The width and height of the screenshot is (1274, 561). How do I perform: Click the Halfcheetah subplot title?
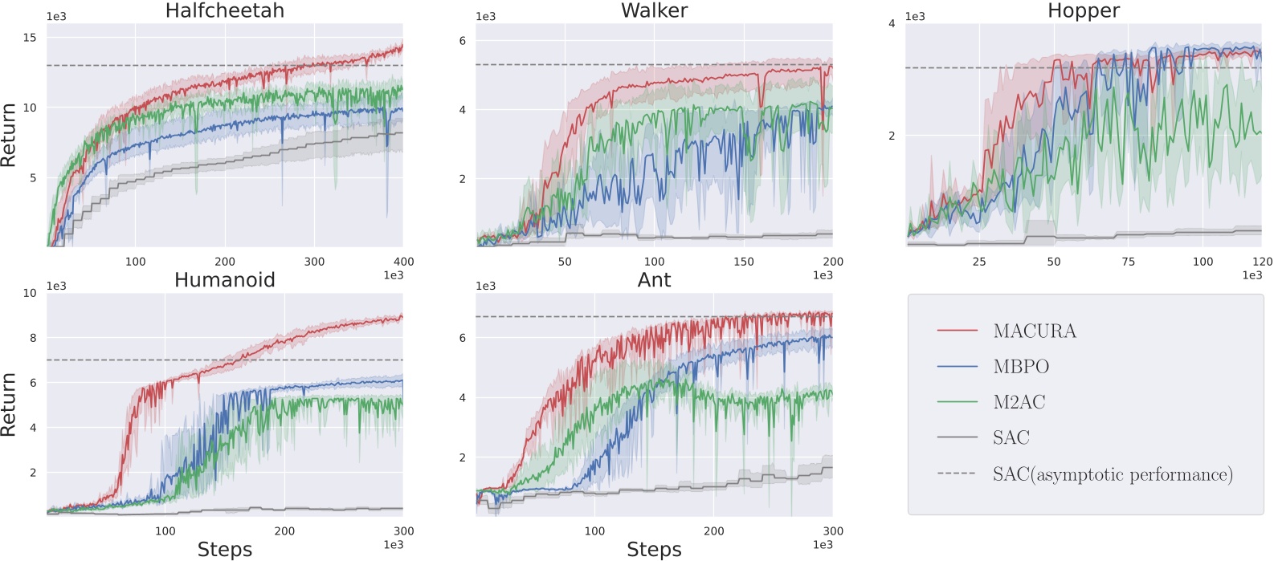(224, 10)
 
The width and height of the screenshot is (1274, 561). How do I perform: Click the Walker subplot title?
(654, 10)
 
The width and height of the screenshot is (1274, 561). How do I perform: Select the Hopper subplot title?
(1083, 10)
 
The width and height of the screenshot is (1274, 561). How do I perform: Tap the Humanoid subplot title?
(224, 280)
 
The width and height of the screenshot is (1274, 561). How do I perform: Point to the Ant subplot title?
(654, 280)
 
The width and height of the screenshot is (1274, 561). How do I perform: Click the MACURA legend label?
(1034, 331)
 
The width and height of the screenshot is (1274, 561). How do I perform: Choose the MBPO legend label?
(1021, 367)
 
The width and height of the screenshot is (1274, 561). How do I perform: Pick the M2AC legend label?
(1019, 402)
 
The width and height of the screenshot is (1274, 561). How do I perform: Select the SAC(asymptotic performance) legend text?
(1112, 474)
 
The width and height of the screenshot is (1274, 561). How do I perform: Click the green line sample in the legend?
(957, 402)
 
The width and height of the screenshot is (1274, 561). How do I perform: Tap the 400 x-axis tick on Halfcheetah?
(403, 262)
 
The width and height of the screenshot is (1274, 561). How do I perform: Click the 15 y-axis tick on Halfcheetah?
(30, 38)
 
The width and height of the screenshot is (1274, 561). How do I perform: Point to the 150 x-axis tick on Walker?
(744, 262)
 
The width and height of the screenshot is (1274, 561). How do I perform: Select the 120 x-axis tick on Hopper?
(1262, 262)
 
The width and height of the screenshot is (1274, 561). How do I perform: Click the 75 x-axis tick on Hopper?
(1128, 262)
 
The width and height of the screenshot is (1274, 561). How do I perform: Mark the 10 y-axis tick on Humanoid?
(30, 293)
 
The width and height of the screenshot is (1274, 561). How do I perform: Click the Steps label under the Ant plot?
(654, 550)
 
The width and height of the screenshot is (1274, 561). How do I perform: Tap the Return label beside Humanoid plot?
(9, 404)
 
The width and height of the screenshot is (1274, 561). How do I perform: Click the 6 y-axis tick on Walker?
(462, 41)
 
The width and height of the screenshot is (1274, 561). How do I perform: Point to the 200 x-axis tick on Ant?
(713, 531)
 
